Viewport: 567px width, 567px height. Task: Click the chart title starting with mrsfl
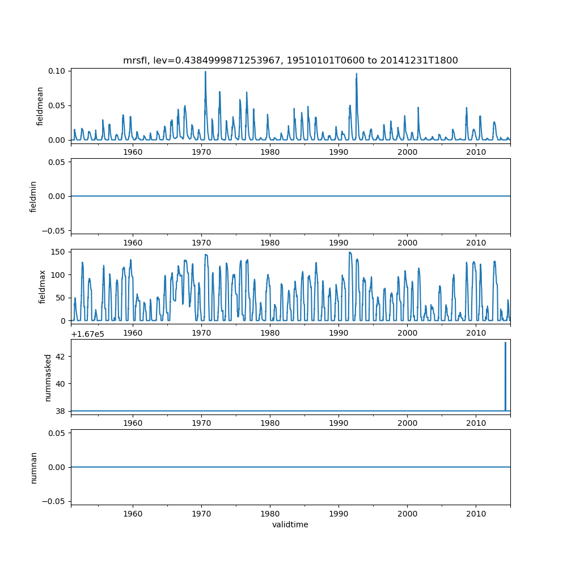[290, 60]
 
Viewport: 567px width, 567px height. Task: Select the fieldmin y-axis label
[33, 196]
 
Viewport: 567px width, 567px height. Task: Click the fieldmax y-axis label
[42, 286]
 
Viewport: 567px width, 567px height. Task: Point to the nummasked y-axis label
[48, 378]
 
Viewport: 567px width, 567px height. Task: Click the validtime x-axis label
[290, 524]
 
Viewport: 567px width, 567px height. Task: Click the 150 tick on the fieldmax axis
[60, 252]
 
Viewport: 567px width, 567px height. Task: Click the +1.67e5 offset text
[87, 333]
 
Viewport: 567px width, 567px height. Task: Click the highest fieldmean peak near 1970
[205, 73]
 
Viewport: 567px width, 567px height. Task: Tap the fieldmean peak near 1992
[356, 75]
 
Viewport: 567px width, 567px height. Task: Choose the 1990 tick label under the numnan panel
[338, 513]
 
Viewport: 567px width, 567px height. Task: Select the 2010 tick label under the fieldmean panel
[476, 153]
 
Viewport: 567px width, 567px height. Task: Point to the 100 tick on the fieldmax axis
[60, 274]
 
